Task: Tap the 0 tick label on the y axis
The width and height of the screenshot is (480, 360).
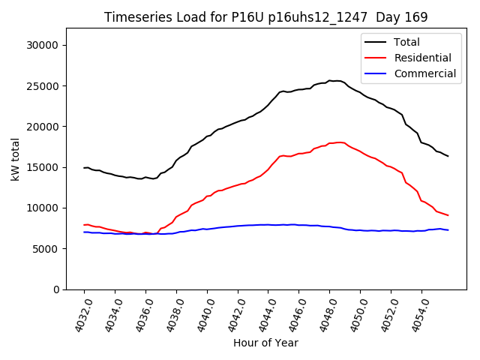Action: [x=57, y=289]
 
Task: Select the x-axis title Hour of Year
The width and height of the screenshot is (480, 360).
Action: [x=265, y=343]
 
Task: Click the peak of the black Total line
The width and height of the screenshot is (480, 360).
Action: [x=330, y=80]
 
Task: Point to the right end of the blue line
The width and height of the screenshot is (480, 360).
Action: [x=448, y=229]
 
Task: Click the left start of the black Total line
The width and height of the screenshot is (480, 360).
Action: [x=84, y=167]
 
